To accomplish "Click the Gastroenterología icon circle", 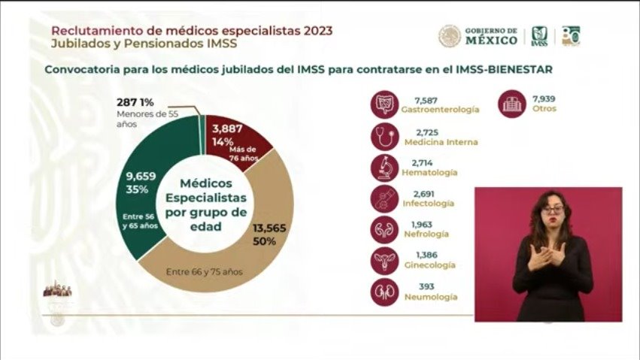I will [x=385, y=104].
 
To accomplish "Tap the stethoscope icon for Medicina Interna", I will [x=385, y=136].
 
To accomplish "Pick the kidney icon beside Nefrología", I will [x=385, y=229].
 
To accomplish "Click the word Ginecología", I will [x=429, y=265].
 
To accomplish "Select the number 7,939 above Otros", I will [x=544, y=98].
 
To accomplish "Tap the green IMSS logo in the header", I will [x=539, y=35].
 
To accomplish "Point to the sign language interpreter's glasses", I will [x=553, y=209].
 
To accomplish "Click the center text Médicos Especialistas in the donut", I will [x=206, y=190].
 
